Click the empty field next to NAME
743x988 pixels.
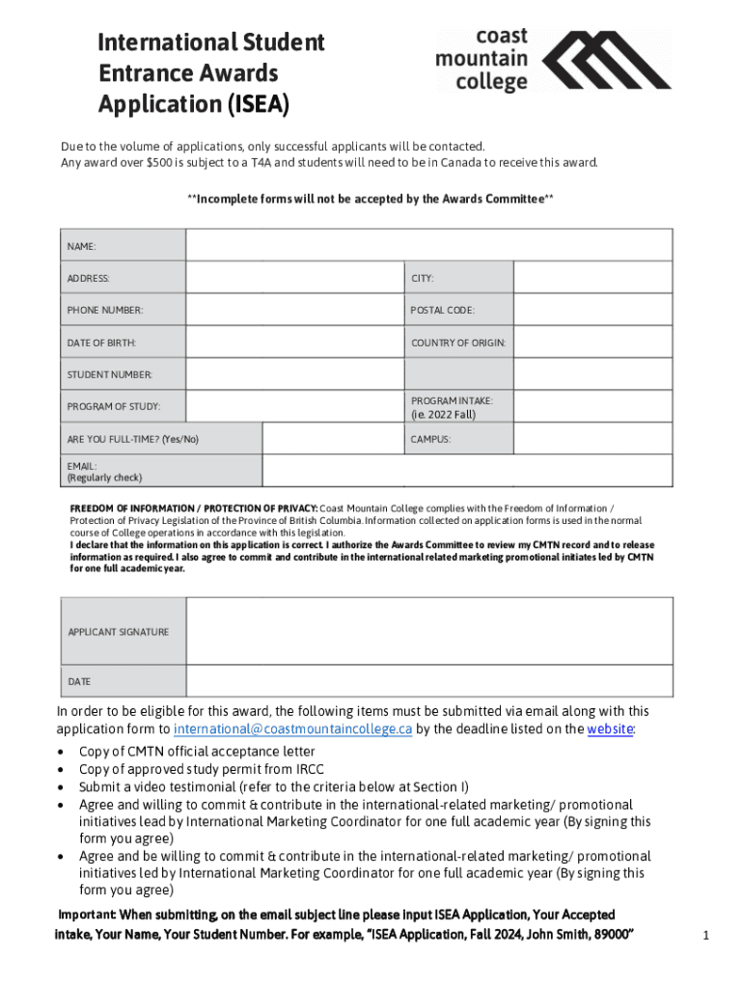(x=429, y=245)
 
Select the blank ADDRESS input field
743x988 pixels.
(x=294, y=278)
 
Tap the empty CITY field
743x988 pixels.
(x=592, y=278)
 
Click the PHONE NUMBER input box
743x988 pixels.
(x=294, y=310)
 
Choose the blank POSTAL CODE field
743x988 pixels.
(x=592, y=310)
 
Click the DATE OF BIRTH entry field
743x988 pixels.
(x=294, y=343)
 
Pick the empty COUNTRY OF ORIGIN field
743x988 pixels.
(x=592, y=343)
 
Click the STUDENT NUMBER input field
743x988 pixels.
(x=294, y=374)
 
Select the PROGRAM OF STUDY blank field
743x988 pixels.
(x=294, y=406)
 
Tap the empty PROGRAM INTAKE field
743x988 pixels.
(x=592, y=406)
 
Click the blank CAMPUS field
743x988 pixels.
(x=592, y=439)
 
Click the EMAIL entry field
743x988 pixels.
(x=467, y=471)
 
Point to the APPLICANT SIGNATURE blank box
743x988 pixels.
(x=429, y=631)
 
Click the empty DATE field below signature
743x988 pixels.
(x=429, y=681)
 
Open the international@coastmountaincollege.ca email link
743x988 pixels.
(x=292, y=729)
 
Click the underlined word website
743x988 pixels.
(x=610, y=729)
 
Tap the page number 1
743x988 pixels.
(x=706, y=935)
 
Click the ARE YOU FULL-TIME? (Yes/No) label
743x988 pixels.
(x=132, y=439)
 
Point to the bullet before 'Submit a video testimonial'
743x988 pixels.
(x=62, y=787)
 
